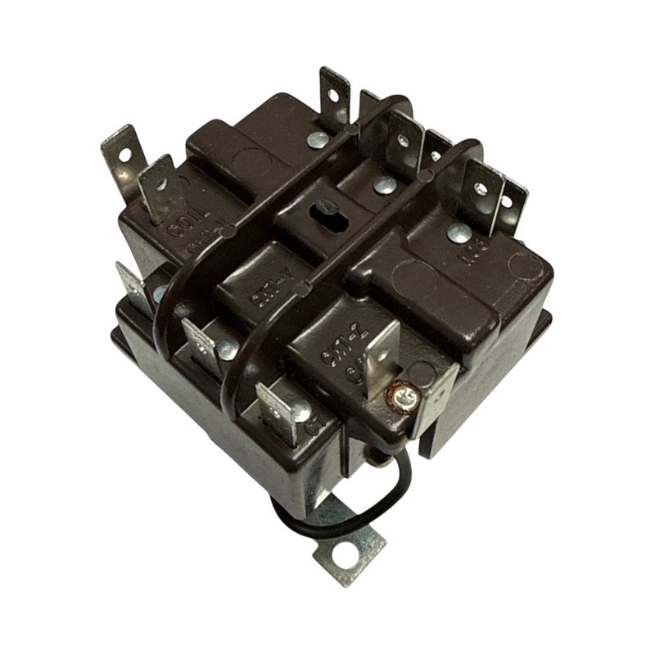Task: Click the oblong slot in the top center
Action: click(x=320, y=214)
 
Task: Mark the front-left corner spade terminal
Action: click(x=131, y=282)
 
